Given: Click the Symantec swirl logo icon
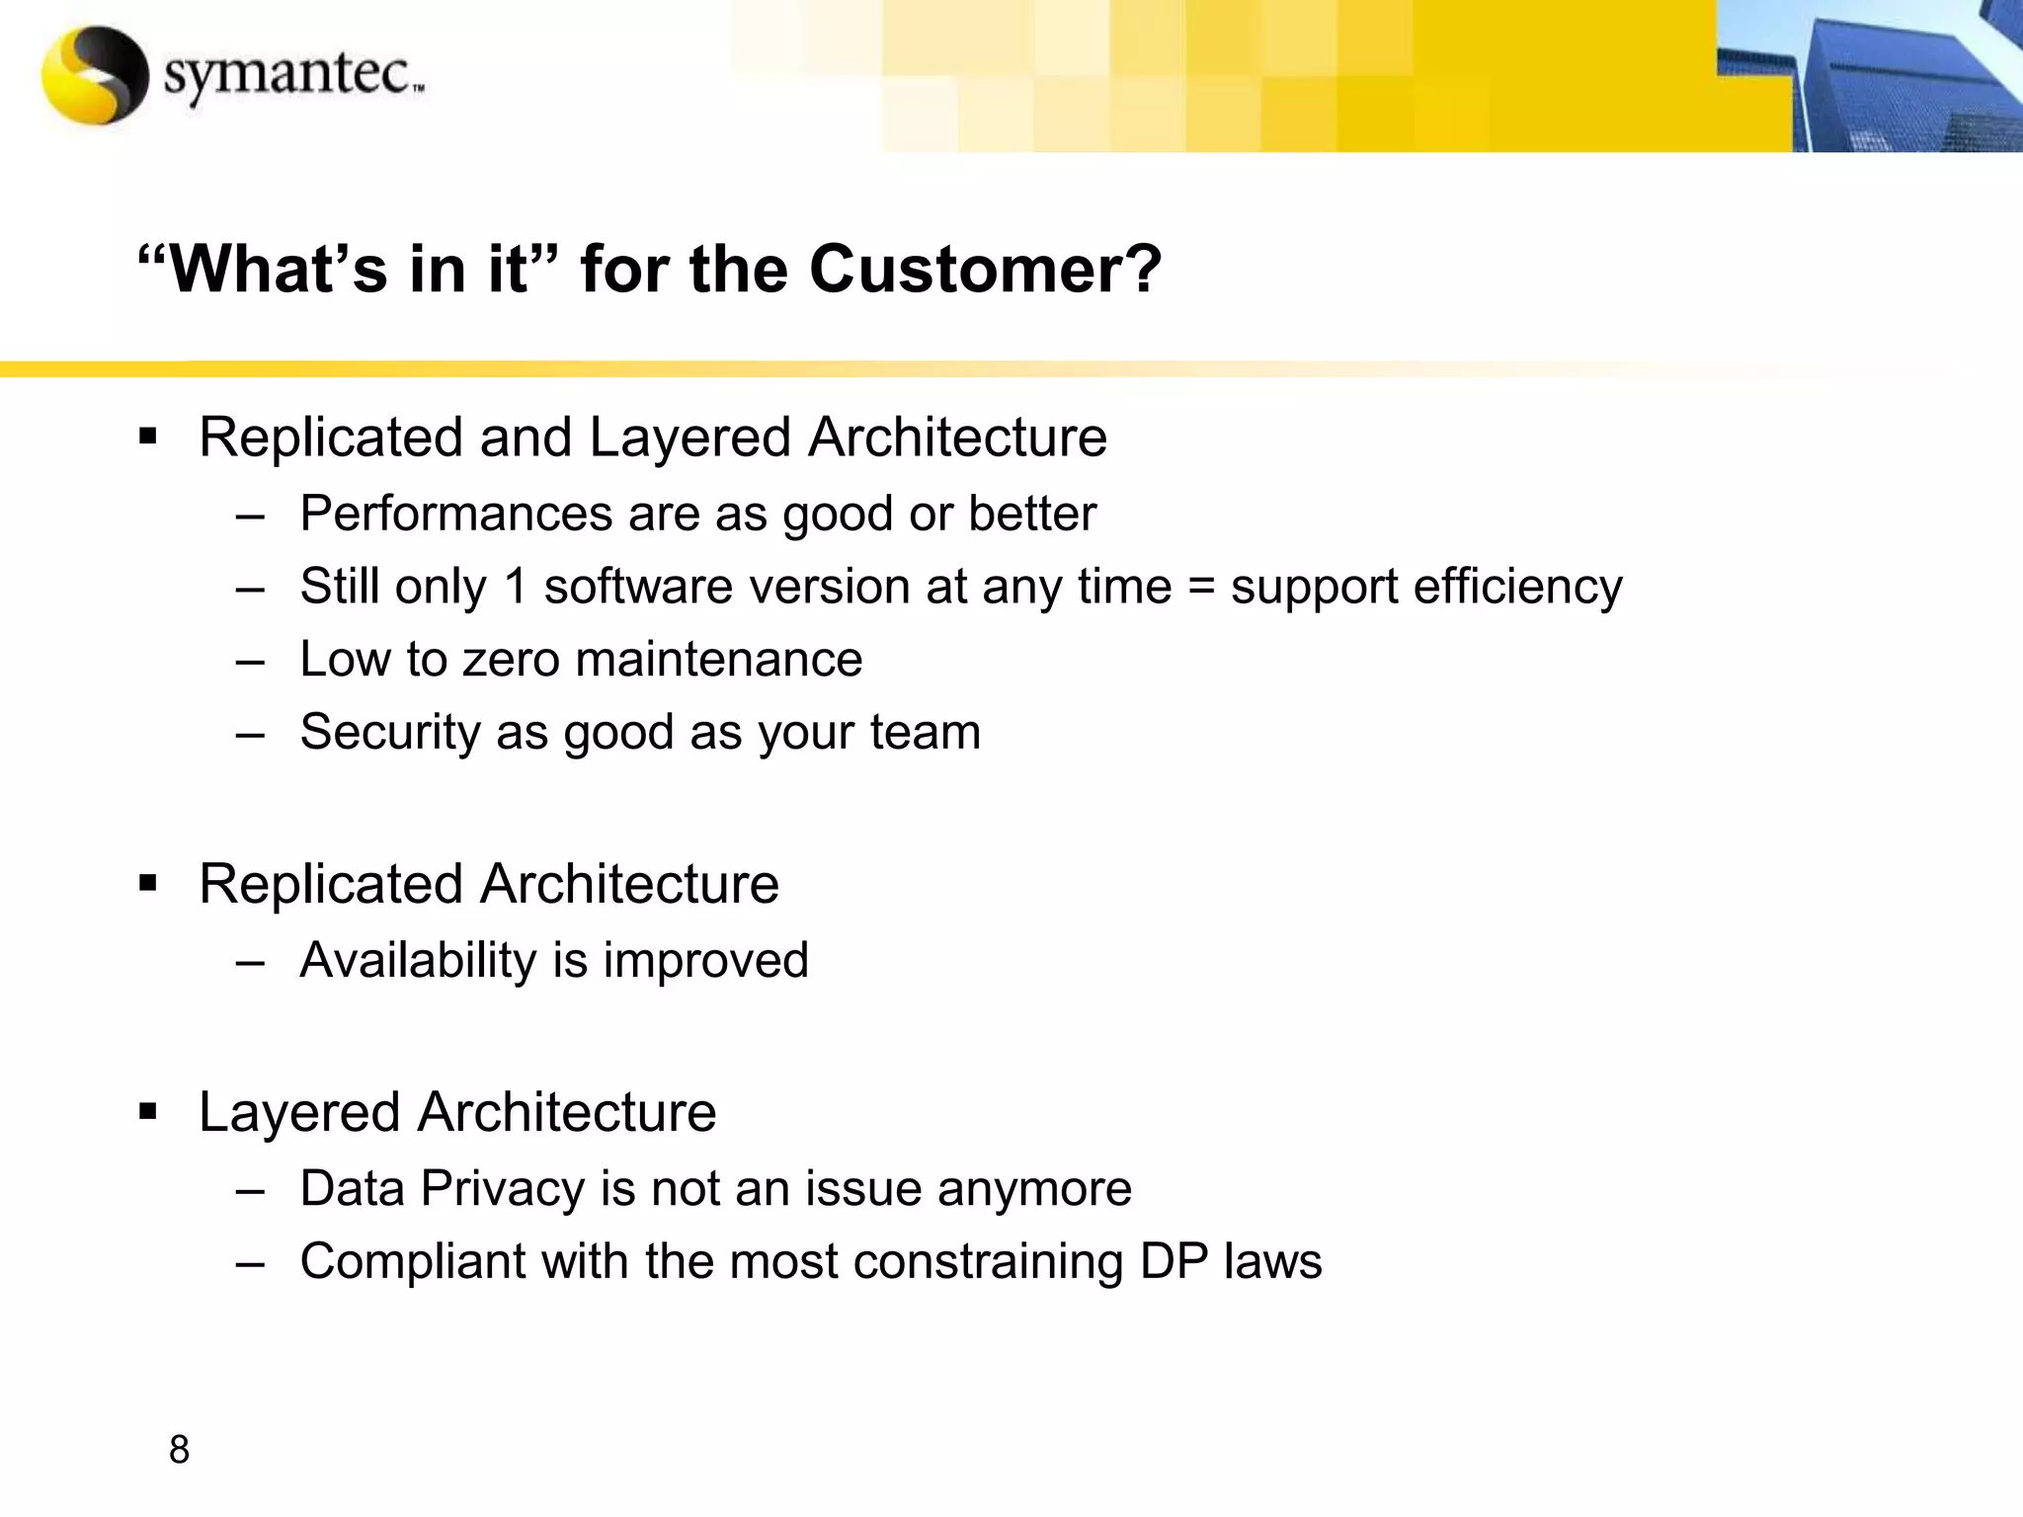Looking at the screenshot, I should (95, 75).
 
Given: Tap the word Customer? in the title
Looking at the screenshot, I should (985, 269).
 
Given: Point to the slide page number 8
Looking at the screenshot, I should (179, 1450).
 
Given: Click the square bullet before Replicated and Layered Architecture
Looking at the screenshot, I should (148, 436).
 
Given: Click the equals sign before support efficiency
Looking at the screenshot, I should (1200, 587).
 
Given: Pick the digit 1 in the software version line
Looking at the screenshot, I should (516, 587).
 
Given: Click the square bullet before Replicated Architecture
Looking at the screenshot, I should (148, 882).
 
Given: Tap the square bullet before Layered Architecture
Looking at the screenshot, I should (148, 1112).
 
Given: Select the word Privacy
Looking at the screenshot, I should (503, 1188).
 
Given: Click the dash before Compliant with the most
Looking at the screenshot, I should (251, 1262).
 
